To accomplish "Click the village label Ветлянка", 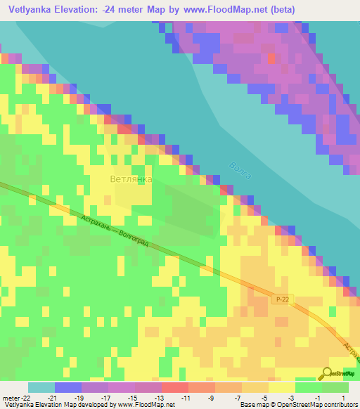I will click(x=131, y=179).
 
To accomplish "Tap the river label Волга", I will click(x=240, y=175).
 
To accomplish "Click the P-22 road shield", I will click(x=283, y=299).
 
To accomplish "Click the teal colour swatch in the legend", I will click(x=41, y=387).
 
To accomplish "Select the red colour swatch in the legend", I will click(x=174, y=387).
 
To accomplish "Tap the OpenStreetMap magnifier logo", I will click(x=326, y=372).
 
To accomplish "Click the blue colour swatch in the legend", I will click(x=68, y=387).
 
